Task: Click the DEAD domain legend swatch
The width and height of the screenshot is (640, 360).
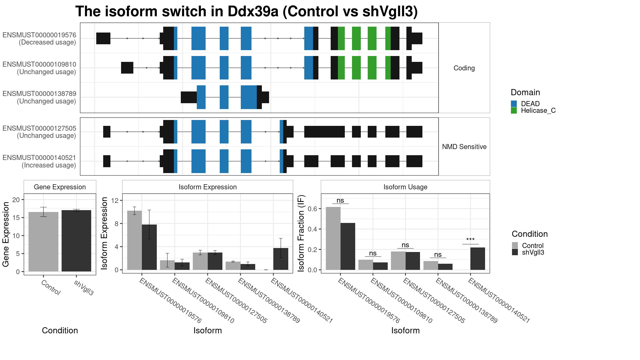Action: [x=514, y=104]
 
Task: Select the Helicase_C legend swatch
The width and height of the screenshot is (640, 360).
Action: [x=514, y=110]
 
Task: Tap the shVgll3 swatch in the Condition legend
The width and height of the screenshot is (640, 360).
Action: [x=515, y=252]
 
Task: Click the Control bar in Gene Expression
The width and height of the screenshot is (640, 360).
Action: [x=43, y=242]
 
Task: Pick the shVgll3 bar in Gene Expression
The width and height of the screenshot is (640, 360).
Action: [x=76, y=241]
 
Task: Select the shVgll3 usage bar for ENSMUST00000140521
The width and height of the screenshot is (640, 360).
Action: [x=478, y=259]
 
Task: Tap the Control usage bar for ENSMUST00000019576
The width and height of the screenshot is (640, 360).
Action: [x=333, y=238]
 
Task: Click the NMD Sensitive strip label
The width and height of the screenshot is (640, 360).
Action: [x=464, y=147]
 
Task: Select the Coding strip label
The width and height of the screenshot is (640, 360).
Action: [x=464, y=68]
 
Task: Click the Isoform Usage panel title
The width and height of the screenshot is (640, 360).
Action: [x=405, y=187]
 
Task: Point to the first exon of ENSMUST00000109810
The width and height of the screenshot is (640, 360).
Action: [x=127, y=68]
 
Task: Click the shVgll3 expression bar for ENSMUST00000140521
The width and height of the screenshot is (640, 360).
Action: [x=281, y=259]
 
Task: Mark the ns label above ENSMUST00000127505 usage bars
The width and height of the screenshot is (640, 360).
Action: [x=405, y=245]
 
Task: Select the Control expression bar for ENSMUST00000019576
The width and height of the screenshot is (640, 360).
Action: [x=135, y=240]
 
